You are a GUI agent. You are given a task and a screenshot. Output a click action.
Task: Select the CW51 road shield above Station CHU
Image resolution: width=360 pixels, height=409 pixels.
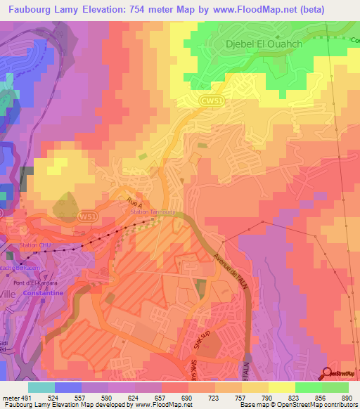[x=86, y=216]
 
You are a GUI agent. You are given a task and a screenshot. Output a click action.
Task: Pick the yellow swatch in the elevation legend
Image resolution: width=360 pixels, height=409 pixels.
[x=282, y=387]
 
